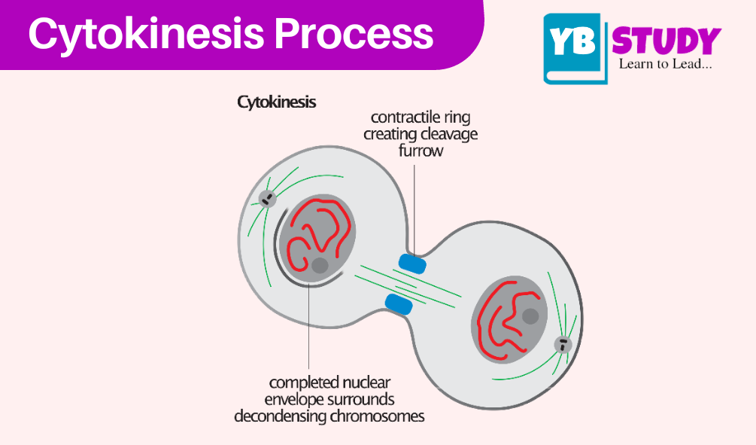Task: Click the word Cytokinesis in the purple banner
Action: [147, 35]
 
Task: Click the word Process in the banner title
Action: [354, 33]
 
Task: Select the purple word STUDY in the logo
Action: [666, 41]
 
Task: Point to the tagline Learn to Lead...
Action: [666, 64]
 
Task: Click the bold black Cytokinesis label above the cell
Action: [276, 102]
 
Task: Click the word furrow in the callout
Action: [421, 151]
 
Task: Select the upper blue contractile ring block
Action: [412, 264]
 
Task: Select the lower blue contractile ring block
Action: [399, 304]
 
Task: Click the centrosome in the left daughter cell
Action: [267, 198]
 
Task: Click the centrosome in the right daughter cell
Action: [563, 345]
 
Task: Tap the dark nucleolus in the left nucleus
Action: [320, 265]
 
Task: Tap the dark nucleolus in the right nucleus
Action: [530, 316]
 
